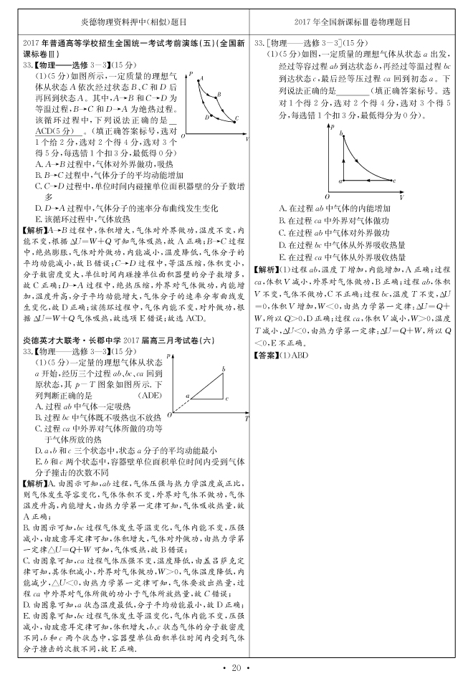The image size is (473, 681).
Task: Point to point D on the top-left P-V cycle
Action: point(209,114)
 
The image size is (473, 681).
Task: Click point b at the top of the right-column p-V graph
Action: point(342,134)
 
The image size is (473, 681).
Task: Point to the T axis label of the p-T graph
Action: point(246,418)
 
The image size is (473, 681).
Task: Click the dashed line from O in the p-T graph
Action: point(180,404)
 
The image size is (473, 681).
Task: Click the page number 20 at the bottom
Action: point(236,668)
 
